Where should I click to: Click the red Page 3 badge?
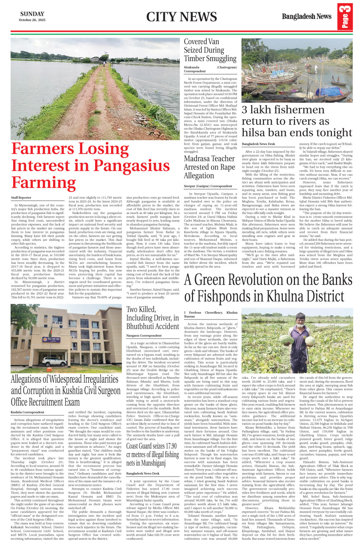pos(345,16)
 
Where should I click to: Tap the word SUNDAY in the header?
pos(32,14)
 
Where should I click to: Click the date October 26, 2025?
pos(32,20)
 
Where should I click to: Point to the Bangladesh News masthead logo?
pos(306,16)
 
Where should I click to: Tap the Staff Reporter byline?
pos(21,198)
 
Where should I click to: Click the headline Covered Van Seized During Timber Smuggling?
pos(210,50)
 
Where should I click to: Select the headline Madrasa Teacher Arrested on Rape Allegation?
pos(209,167)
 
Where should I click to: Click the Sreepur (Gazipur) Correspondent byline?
pos(208,186)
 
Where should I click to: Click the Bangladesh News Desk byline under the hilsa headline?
pos(258,144)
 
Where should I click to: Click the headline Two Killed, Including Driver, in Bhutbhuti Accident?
pos(153,318)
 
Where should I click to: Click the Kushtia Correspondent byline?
pos(27,412)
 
